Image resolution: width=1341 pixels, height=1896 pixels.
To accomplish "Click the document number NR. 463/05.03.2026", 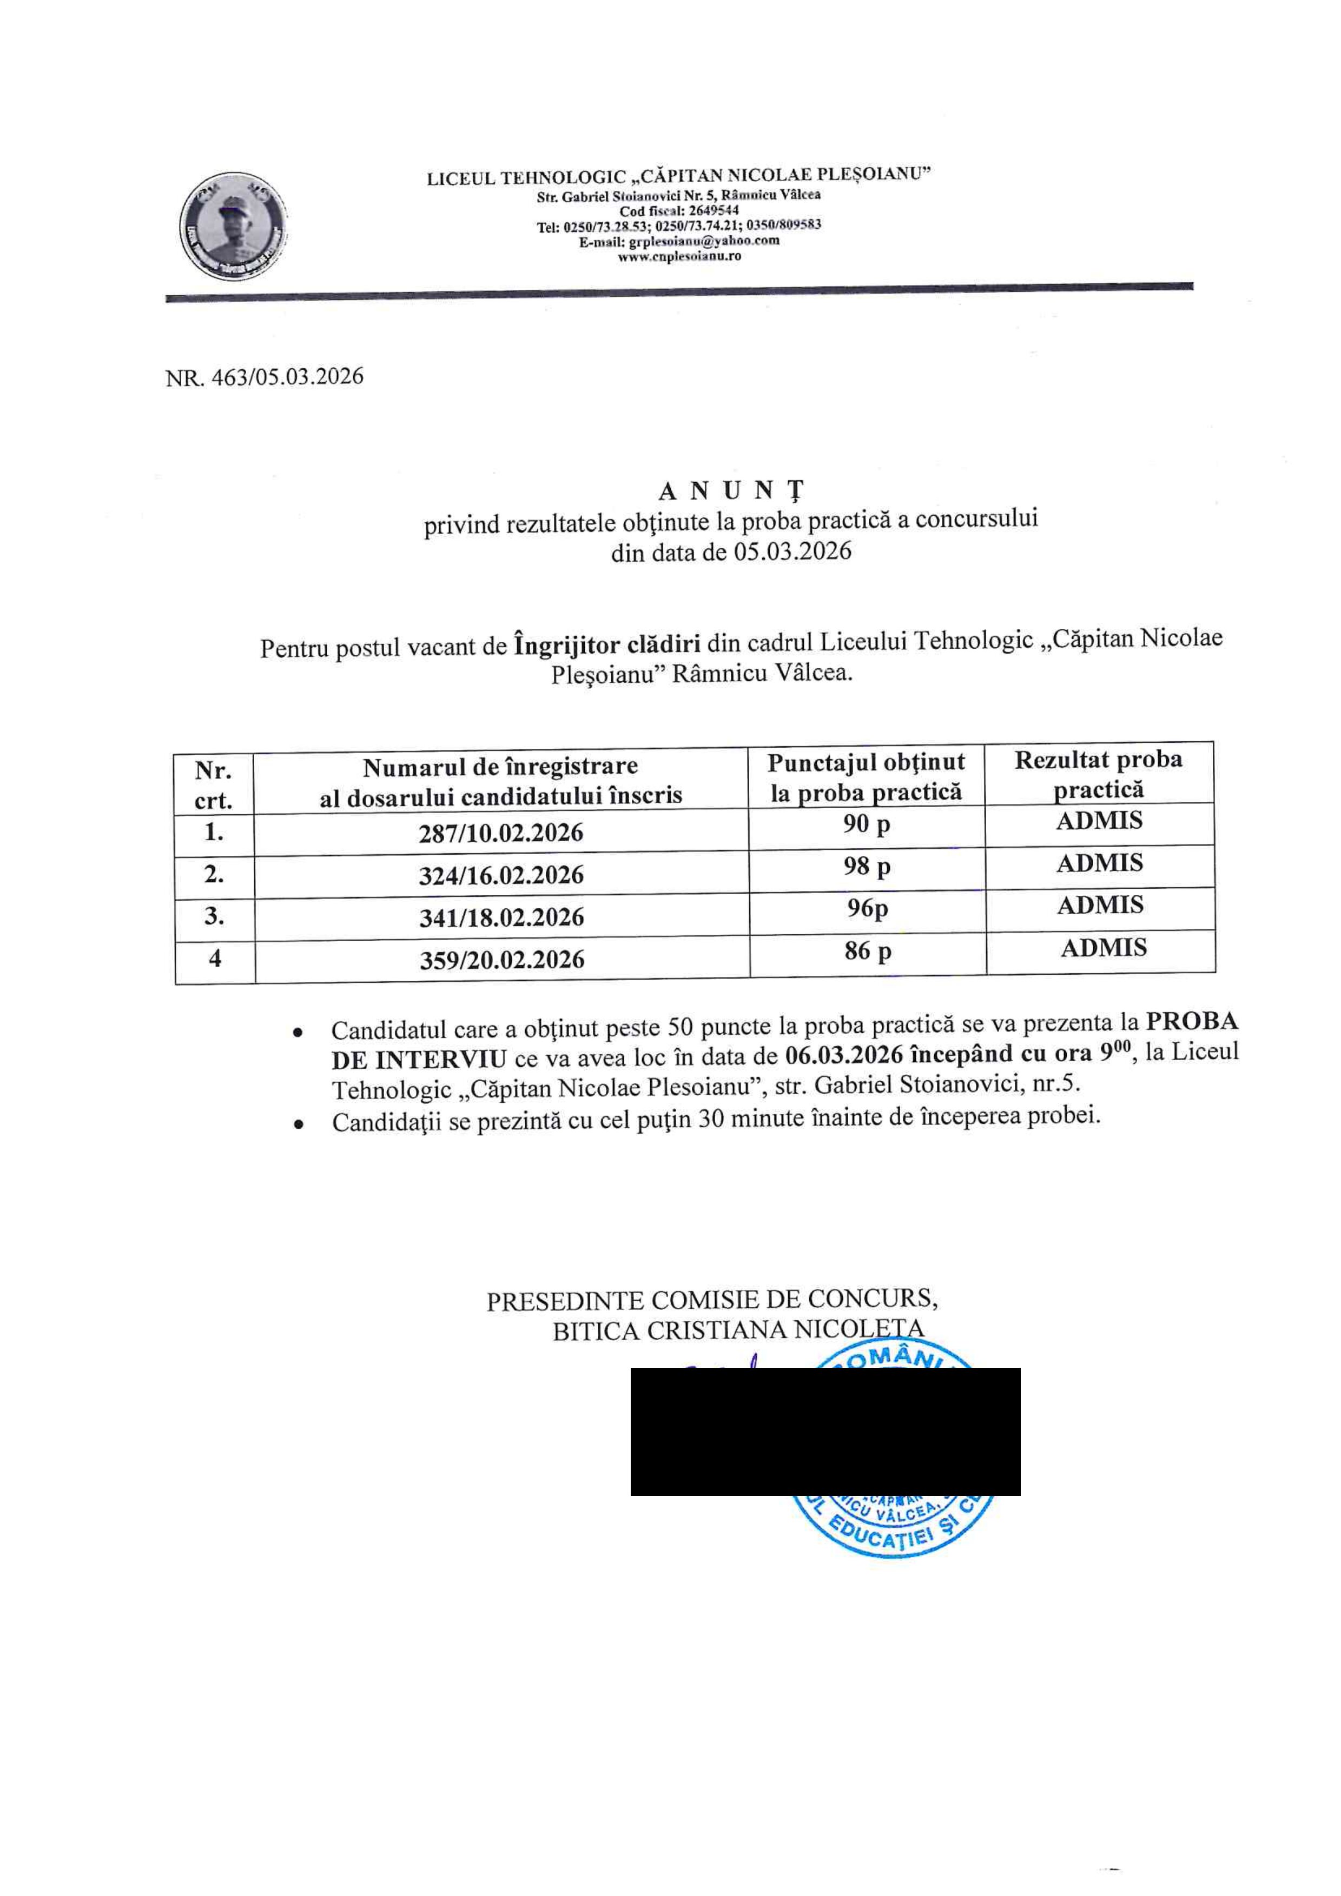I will [x=265, y=377].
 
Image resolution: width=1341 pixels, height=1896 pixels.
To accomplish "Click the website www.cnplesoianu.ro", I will [x=679, y=256].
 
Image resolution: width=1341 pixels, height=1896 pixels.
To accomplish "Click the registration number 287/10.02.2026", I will [x=501, y=833].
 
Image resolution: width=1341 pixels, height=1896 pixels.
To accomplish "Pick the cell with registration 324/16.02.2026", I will [x=501, y=875].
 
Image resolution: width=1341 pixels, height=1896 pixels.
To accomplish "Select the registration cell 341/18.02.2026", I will [x=501, y=917].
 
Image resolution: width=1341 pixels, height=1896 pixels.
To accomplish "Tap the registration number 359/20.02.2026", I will [x=501, y=960].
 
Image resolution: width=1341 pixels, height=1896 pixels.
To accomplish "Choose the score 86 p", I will [x=868, y=952].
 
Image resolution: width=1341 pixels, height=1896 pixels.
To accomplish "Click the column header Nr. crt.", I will [x=213, y=784].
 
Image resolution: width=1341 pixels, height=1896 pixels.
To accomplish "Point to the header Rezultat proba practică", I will [x=1098, y=774].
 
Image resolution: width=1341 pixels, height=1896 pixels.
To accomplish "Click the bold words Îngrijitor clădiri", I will [x=607, y=642].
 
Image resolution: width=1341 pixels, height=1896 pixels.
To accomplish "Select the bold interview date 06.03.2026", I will [x=843, y=1055].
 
